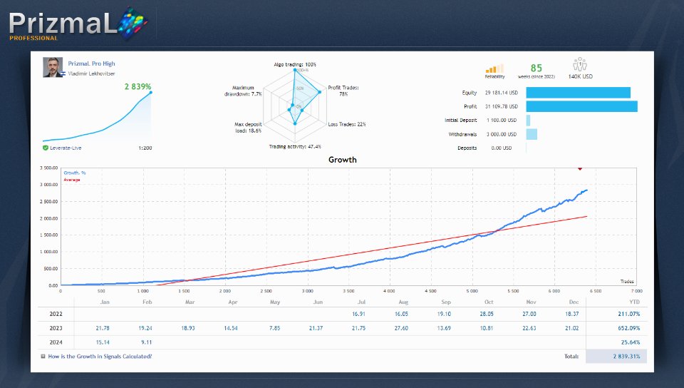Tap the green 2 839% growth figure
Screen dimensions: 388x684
(x=138, y=86)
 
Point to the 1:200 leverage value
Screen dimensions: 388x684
(x=145, y=148)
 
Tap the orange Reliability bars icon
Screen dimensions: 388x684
(x=494, y=68)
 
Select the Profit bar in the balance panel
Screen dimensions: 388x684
(x=581, y=106)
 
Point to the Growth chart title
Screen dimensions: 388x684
(x=342, y=160)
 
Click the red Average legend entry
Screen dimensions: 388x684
(x=72, y=180)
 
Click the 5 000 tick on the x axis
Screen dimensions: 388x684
(x=472, y=291)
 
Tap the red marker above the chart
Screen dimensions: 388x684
(x=580, y=168)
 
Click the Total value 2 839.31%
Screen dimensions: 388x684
(x=626, y=356)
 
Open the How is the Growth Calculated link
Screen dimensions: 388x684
(x=99, y=356)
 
